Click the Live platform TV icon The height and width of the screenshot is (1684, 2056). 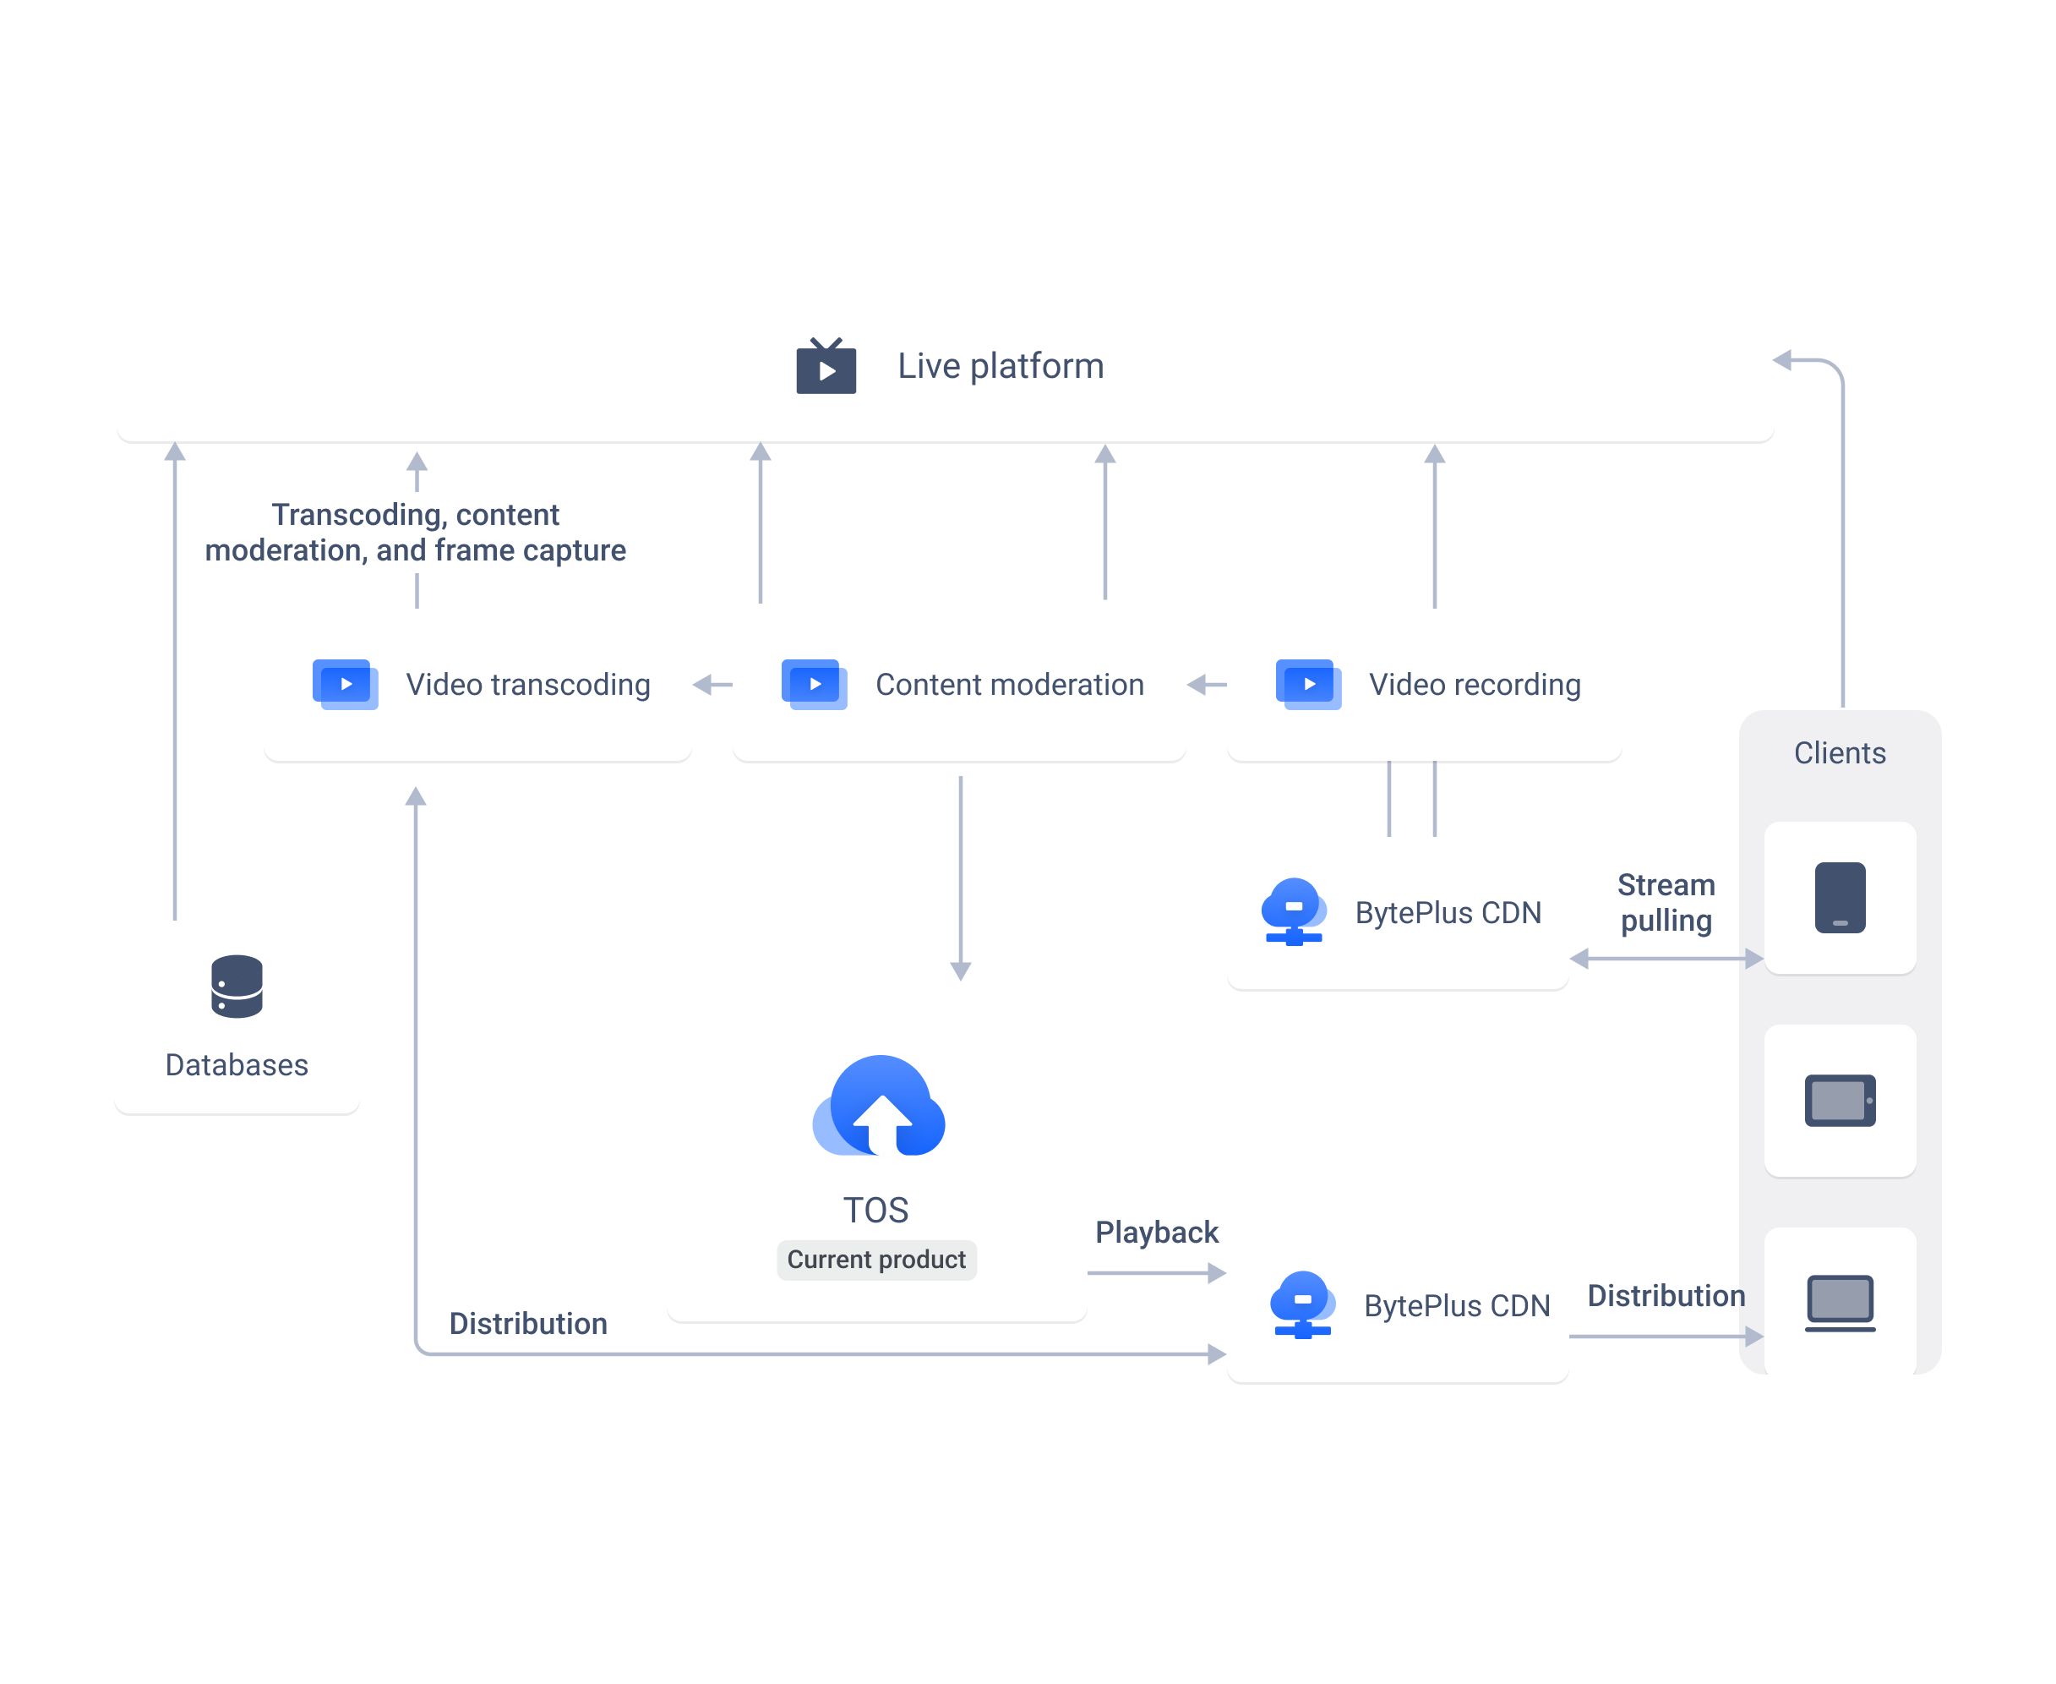pyautogui.click(x=826, y=366)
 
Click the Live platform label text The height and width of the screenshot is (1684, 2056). pyautogui.click(x=1000, y=366)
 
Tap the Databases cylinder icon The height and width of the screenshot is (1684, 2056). pyautogui.click(x=237, y=986)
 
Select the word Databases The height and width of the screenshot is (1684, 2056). pyautogui.click(x=237, y=1064)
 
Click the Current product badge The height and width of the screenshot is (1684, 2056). pyautogui.click(x=875, y=1259)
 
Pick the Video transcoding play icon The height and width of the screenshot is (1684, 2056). pyautogui.click(x=346, y=684)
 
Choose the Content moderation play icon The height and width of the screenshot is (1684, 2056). pyautogui.click(x=815, y=684)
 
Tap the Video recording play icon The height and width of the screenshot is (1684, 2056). pyautogui.click(x=1309, y=684)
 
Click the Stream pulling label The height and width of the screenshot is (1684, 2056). pyautogui.click(x=1666, y=902)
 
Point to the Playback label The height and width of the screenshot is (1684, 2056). pyautogui.click(x=1156, y=1232)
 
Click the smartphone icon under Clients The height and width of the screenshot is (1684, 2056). pyautogui.click(x=1840, y=897)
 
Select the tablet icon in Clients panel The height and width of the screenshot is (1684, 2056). pyautogui.click(x=1840, y=1100)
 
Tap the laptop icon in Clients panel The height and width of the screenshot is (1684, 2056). pyautogui.click(x=1840, y=1303)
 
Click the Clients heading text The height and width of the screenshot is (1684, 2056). pyautogui.click(x=1840, y=752)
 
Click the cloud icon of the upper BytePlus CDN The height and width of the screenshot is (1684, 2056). pyautogui.click(x=1294, y=910)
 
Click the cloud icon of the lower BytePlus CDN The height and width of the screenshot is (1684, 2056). pyautogui.click(x=1302, y=1304)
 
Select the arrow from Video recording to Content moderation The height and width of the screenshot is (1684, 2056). pyautogui.click(x=1207, y=685)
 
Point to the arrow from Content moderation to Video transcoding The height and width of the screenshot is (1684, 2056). pyautogui.click(x=712, y=685)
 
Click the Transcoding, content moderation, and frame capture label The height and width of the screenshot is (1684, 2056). pyautogui.click(x=415, y=532)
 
